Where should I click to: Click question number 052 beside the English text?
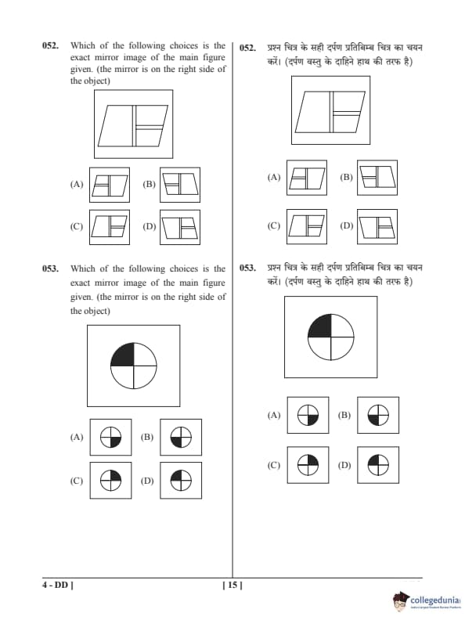[x=51, y=45]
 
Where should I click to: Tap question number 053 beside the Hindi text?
[x=248, y=268]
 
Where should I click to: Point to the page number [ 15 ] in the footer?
[x=232, y=585]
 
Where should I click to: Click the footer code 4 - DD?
[x=58, y=585]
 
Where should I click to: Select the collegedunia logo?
[x=427, y=601]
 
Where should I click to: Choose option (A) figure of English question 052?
[x=110, y=185]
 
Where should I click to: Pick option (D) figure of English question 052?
[x=180, y=227]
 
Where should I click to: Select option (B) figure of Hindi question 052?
[x=377, y=178]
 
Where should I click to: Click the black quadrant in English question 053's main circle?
[x=123, y=355]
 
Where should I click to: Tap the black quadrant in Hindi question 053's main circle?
[x=320, y=326]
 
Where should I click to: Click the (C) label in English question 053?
[x=76, y=481]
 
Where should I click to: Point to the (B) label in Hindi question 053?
[x=344, y=415]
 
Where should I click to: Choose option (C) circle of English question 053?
[x=110, y=481]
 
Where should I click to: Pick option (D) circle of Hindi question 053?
[x=378, y=465]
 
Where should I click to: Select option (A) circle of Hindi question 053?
[x=308, y=415]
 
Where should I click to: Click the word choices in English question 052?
[x=184, y=45]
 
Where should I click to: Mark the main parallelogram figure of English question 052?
[x=133, y=126]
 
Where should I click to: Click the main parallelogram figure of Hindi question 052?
[x=330, y=112]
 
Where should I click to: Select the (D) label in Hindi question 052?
[x=347, y=225]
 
